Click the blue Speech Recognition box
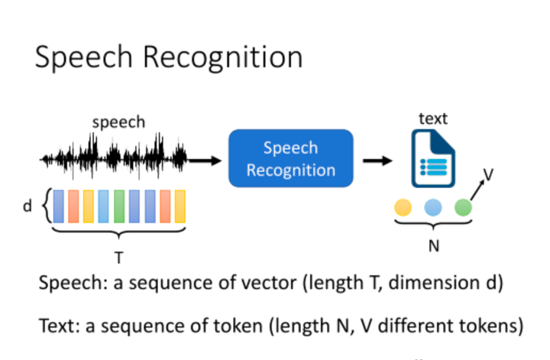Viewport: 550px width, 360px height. coord(291,158)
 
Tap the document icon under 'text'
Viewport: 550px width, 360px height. coord(434,158)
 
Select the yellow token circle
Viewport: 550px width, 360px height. coord(403,206)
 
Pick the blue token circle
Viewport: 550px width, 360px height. coord(433,206)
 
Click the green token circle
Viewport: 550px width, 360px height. coord(463,206)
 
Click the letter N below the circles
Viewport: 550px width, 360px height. coord(432,246)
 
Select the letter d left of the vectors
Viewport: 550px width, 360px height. coord(27,206)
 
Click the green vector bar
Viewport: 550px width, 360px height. coord(119,206)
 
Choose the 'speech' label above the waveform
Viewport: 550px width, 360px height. coord(118,122)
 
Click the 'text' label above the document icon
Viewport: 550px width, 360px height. coord(433,118)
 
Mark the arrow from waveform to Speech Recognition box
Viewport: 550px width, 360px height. coord(205,160)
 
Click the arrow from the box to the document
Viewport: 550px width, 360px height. coord(377,160)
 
